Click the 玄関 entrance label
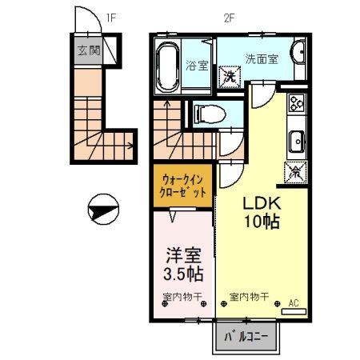pyautogui.click(x=89, y=50)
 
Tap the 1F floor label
pyautogui.click(x=110, y=18)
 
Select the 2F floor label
pyautogui.click(x=229, y=18)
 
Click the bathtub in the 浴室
pyautogui.click(x=167, y=66)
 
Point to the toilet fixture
pyautogui.click(x=210, y=114)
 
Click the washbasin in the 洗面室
pyautogui.click(x=299, y=52)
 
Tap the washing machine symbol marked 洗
pyautogui.click(x=230, y=77)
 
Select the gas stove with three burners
pyautogui.click(x=297, y=103)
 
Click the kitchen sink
pyautogui.click(x=297, y=142)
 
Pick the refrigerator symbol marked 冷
pyautogui.click(x=295, y=172)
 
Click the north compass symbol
pyautogui.click(x=103, y=209)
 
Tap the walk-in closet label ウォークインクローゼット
pyautogui.click(x=182, y=186)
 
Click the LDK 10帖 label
pyautogui.click(x=262, y=213)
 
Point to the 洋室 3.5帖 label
pyautogui.click(x=183, y=264)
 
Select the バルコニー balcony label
pyautogui.click(x=246, y=337)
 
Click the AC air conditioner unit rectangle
pyautogui.click(x=294, y=311)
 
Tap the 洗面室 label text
pyautogui.click(x=262, y=59)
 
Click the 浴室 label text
pyautogui.click(x=197, y=65)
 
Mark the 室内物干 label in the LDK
pyautogui.click(x=249, y=297)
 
